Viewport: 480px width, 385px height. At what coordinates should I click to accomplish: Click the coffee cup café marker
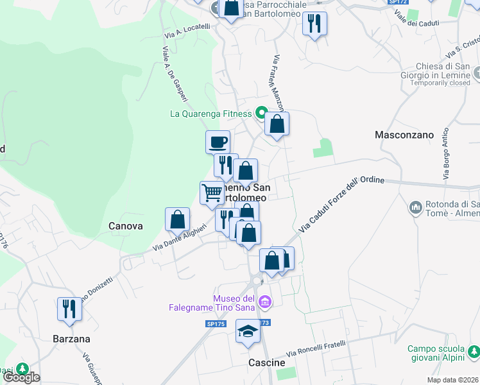218,141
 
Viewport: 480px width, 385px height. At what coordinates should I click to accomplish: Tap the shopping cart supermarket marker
212,192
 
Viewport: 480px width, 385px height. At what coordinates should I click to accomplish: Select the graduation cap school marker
248,332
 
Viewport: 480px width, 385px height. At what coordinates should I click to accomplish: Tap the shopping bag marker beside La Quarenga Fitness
277,124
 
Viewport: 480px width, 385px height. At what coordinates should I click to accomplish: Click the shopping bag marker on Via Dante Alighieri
178,219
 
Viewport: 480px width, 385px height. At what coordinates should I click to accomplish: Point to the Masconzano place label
404,135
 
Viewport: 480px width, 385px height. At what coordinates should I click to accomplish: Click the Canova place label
125,226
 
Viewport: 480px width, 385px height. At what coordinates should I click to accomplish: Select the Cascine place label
266,363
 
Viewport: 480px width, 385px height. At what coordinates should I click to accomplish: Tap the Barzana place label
71,338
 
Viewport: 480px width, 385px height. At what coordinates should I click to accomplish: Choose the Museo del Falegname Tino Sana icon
264,301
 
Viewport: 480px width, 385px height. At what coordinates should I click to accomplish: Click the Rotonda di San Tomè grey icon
415,207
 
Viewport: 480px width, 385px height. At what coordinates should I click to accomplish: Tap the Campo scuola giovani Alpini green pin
474,352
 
